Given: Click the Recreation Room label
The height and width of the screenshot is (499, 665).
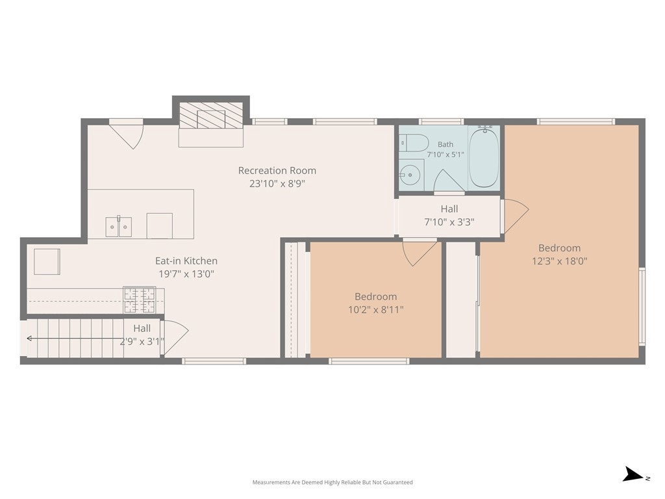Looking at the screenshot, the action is pyautogui.click(x=277, y=171).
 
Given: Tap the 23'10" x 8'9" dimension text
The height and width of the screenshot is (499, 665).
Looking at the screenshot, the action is pyautogui.click(x=277, y=184).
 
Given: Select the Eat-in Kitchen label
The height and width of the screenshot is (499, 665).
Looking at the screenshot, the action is pyautogui.click(x=186, y=261).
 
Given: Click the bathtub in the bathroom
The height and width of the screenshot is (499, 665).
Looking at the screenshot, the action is pyautogui.click(x=483, y=157).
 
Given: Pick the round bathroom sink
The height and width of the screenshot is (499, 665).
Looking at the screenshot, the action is pyautogui.click(x=410, y=175).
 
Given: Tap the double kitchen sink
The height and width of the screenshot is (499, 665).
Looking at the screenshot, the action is pyautogui.click(x=119, y=227).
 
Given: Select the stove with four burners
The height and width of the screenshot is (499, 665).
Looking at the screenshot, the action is pyautogui.click(x=139, y=300).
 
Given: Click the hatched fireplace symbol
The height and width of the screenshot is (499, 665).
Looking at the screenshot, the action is pyautogui.click(x=211, y=115).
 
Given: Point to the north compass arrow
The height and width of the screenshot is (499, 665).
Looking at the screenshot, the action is pyautogui.click(x=634, y=474).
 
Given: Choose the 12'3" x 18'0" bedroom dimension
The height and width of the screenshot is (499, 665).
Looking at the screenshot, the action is pyautogui.click(x=559, y=261).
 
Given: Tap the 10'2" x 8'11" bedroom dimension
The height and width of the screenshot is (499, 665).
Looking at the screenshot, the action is pyautogui.click(x=376, y=310).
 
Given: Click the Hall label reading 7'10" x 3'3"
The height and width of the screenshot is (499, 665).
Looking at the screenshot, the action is pyautogui.click(x=449, y=215).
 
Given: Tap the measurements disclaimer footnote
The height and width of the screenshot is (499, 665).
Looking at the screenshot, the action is pyautogui.click(x=332, y=483).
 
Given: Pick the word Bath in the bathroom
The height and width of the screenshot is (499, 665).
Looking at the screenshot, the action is pyautogui.click(x=445, y=145).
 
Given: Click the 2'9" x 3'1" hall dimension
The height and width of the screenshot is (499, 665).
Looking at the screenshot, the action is pyautogui.click(x=142, y=341).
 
